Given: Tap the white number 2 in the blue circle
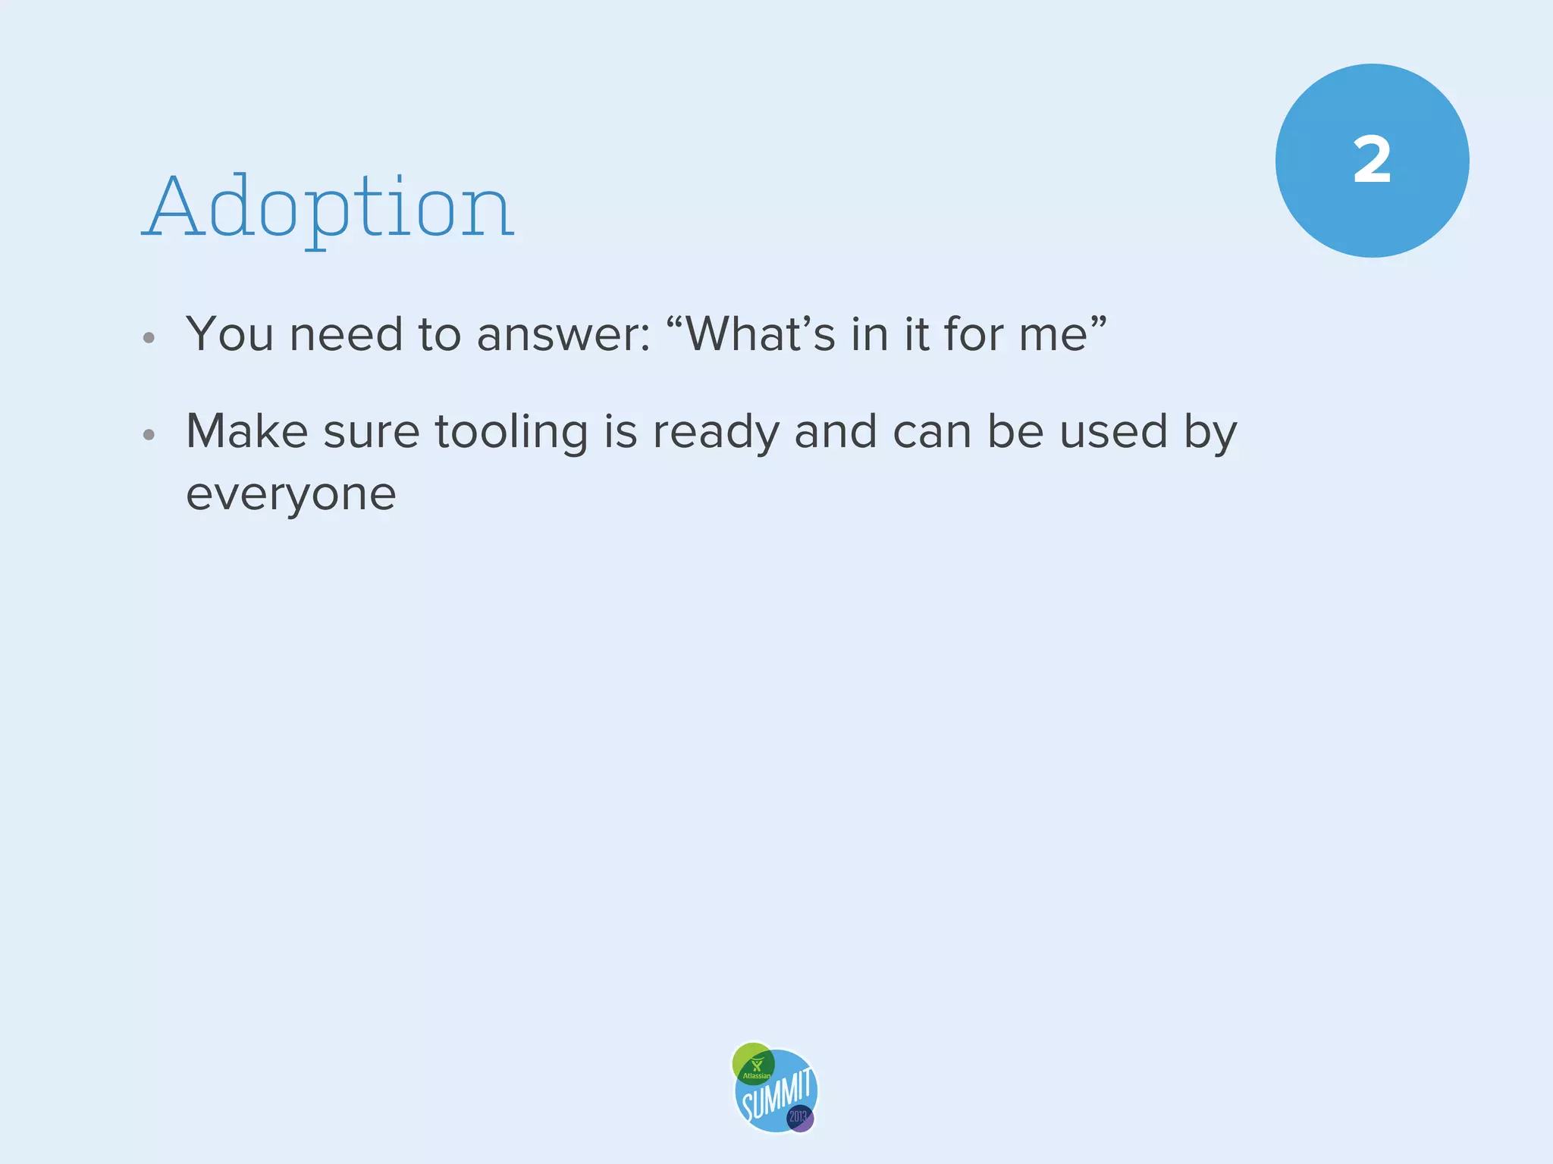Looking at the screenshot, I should [1372, 160].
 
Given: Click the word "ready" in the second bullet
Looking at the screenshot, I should [716, 433].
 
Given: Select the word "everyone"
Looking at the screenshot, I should [291, 495].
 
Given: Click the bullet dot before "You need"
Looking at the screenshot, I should [149, 338].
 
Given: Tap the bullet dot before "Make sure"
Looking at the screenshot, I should [149, 435].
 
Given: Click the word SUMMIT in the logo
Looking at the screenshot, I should [776, 1096].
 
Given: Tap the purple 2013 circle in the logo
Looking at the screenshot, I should [799, 1117].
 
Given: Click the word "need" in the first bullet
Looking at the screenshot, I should [346, 334].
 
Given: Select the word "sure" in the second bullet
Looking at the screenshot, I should [372, 433].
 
